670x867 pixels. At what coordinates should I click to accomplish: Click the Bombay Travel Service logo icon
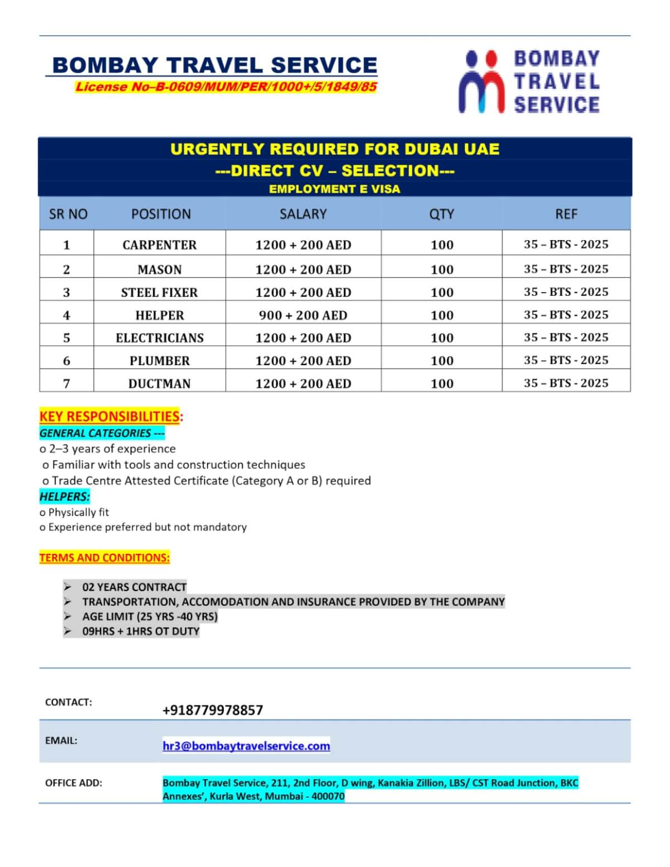click(482, 82)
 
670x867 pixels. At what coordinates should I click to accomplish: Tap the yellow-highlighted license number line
click(226, 87)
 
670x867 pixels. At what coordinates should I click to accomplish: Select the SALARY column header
click(303, 214)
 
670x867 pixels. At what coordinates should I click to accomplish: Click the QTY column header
click(442, 214)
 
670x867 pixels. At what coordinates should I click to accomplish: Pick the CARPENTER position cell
click(160, 245)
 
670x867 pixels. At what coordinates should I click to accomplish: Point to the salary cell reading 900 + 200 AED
click(303, 315)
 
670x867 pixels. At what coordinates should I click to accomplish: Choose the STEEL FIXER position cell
click(160, 293)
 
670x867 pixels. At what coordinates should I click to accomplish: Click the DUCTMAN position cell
click(160, 384)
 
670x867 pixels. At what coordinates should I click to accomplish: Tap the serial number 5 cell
click(66, 338)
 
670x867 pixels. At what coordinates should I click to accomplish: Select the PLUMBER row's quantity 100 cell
click(442, 361)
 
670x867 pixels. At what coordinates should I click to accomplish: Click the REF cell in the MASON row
click(566, 269)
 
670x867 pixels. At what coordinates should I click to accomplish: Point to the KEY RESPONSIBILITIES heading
click(109, 416)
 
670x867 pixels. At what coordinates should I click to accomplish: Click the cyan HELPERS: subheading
click(65, 496)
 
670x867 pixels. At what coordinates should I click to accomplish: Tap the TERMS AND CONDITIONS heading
click(104, 557)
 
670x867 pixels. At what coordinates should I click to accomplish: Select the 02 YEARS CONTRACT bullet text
click(134, 587)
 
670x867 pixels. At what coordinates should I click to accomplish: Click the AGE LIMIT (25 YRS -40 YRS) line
click(150, 616)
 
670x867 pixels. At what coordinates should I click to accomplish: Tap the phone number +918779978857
click(213, 710)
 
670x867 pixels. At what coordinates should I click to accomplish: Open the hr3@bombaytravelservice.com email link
click(246, 746)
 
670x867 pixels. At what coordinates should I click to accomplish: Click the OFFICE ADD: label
click(74, 783)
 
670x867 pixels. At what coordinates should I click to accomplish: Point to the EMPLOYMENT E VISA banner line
click(334, 189)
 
